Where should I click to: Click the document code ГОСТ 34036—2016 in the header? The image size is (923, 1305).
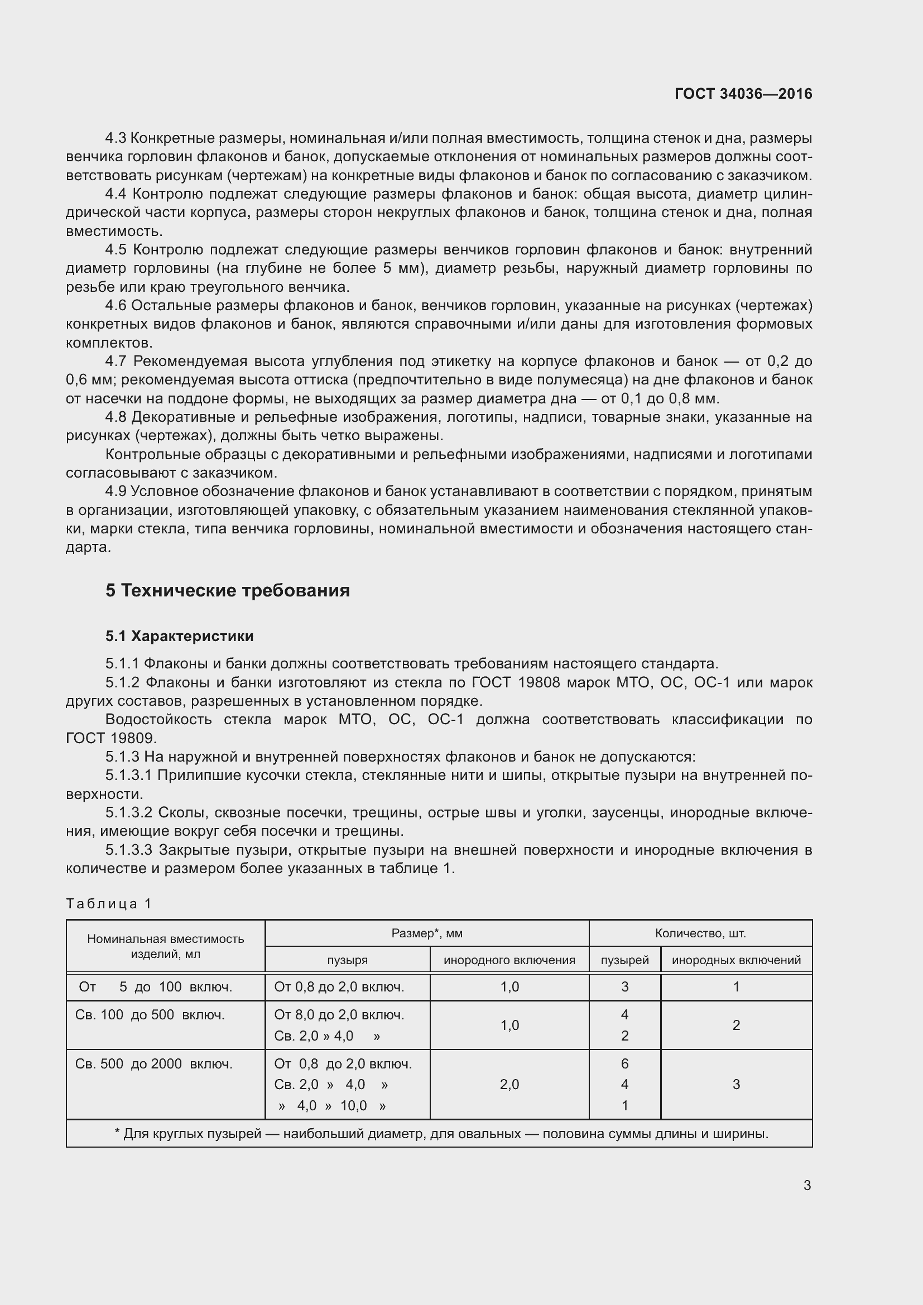tap(743, 94)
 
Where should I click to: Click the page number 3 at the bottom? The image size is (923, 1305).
tap(807, 1186)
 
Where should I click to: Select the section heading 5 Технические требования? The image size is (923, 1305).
tap(227, 590)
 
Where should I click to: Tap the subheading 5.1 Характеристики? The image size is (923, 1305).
tap(180, 636)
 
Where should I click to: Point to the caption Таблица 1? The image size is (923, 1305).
tap(109, 904)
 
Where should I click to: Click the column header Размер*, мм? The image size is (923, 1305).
tap(427, 933)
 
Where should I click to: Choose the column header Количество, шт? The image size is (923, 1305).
tap(700, 933)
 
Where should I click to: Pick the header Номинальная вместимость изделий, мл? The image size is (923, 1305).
tap(165, 946)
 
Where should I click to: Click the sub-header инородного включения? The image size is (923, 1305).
tap(509, 960)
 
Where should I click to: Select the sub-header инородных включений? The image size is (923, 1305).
tap(736, 960)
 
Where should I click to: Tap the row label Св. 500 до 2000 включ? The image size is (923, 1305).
tap(153, 1064)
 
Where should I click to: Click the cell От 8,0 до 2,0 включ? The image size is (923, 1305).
tap(339, 1014)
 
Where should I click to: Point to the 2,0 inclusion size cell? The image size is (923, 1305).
tap(509, 1085)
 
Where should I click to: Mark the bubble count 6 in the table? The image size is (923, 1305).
tap(624, 1063)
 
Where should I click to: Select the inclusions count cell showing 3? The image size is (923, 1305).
tap(736, 1085)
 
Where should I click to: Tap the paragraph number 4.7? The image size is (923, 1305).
tap(116, 362)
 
